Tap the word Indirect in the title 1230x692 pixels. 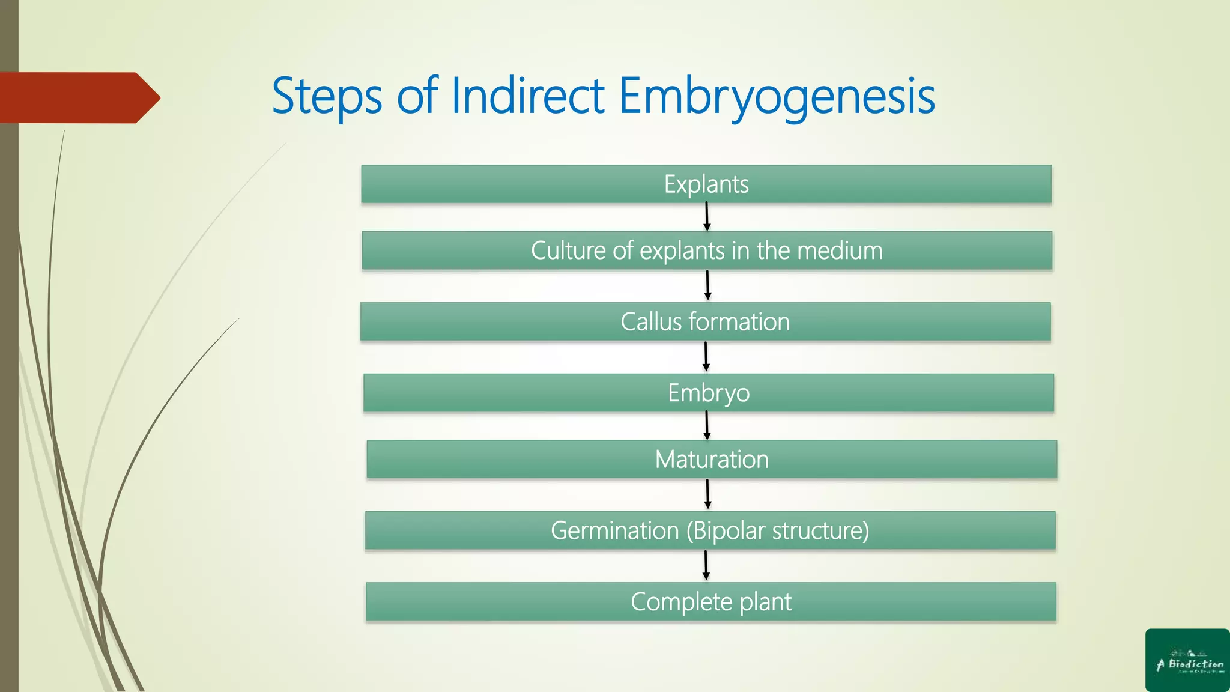527,96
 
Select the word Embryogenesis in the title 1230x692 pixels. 776,96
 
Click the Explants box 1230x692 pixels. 706,184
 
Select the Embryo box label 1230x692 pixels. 709,393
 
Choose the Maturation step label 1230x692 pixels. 712,460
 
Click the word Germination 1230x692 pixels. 614,530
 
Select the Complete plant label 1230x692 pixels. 711,602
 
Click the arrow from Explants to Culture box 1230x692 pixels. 707,217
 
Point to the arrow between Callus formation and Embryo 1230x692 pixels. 706,357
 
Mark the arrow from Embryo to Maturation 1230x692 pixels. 707,425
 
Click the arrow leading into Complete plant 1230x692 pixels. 706,565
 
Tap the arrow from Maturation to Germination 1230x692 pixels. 707,494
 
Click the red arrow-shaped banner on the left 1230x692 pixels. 78,97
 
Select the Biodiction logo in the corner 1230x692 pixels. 1187,660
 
